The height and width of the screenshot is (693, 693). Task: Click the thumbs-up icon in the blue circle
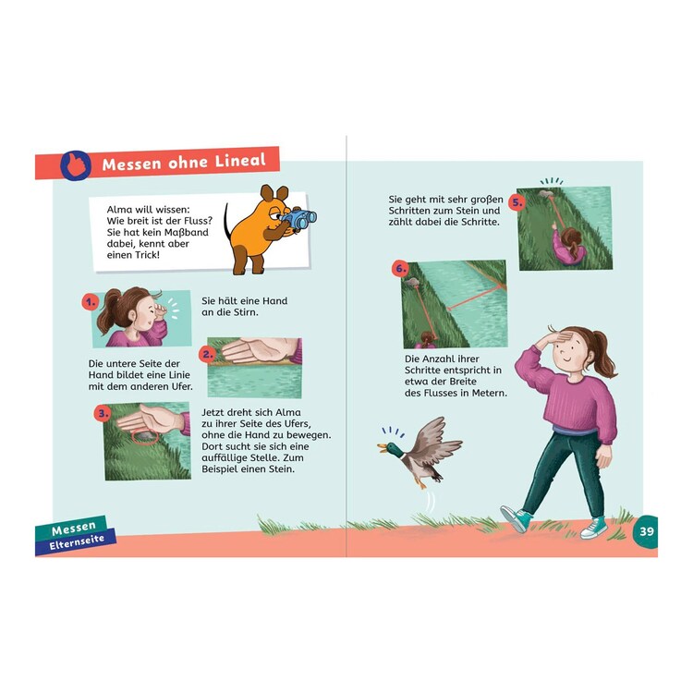coord(76,165)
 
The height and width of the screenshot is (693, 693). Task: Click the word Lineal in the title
coord(240,160)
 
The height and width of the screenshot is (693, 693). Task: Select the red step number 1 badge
coord(91,302)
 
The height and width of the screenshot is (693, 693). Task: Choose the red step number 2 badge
coord(207,354)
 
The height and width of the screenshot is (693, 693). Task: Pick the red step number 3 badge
coord(103,414)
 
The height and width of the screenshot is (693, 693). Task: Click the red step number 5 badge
coord(517,203)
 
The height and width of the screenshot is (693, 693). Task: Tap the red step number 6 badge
coord(400,269)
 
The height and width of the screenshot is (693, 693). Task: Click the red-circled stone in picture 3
coord(144,437)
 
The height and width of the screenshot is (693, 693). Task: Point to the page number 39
coord(647,530)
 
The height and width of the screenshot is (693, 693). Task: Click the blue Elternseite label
coord(77,541)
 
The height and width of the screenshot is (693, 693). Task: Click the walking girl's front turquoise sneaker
coord(516,518)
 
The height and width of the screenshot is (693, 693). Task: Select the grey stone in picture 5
coord(545,194)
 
